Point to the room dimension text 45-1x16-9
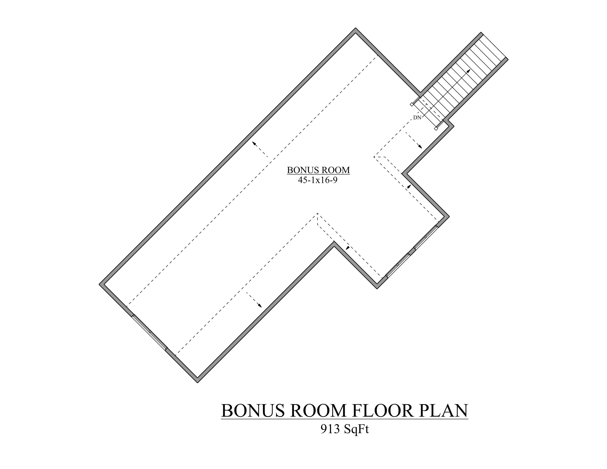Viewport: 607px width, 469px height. pos(318,180)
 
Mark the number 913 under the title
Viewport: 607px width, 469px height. pos(330,429)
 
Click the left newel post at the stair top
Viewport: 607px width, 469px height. pos(412,104)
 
